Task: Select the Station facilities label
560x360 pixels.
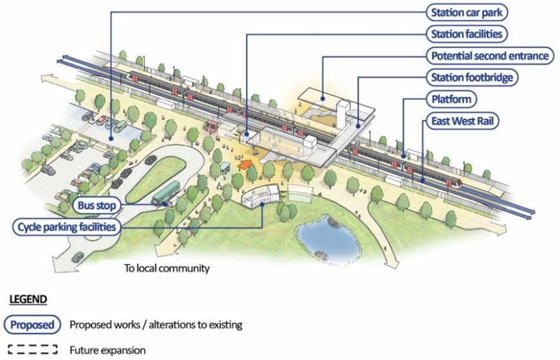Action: click(x=467, y=33)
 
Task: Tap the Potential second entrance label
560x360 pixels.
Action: click(x=489, y=56)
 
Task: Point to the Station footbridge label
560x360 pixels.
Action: click(x=472, y=78)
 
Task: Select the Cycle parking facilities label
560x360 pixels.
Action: click(x=66, y=227)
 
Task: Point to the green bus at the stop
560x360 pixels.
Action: click(x=166, y=192)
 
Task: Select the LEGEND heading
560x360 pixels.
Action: click(x=28, y=299)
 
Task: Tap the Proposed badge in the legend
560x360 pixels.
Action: click(x=32, y=325)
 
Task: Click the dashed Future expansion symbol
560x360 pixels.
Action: click(x=32, y=350)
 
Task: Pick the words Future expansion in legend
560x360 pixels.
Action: click(x=107, y=350)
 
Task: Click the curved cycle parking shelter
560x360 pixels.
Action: click(x=261, y=194)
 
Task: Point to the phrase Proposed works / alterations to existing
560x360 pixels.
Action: click(x=156, y=325)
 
